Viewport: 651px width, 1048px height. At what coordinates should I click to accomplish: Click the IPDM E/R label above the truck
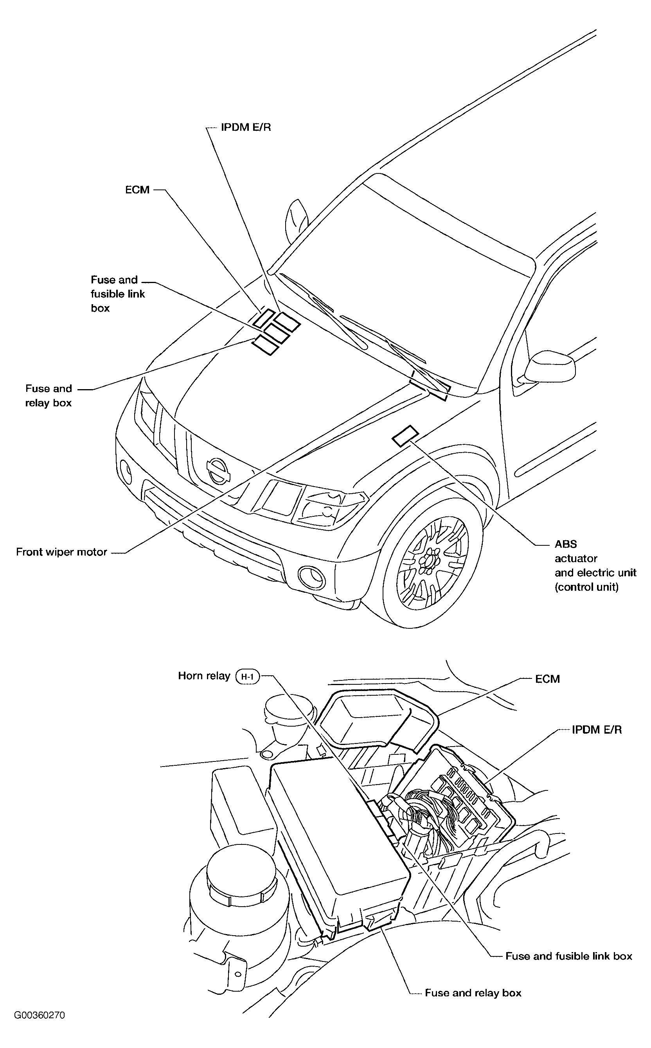coord(246,127)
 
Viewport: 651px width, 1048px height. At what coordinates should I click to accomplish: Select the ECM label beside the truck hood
coord(137,189)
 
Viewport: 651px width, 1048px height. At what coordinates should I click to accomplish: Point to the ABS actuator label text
coord(595,565)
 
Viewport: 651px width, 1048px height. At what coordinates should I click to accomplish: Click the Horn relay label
coord(204,675)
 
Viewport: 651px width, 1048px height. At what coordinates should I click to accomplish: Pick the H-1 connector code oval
coord(248,676)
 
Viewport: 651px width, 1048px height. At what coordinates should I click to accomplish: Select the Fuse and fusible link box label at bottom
coord(569,956)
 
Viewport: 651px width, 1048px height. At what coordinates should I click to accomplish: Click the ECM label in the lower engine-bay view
coord(547,679)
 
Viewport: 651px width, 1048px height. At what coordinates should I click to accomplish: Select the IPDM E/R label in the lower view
coord(597,730)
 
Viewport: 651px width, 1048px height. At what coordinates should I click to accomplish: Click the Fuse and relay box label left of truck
coord(49,395)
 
